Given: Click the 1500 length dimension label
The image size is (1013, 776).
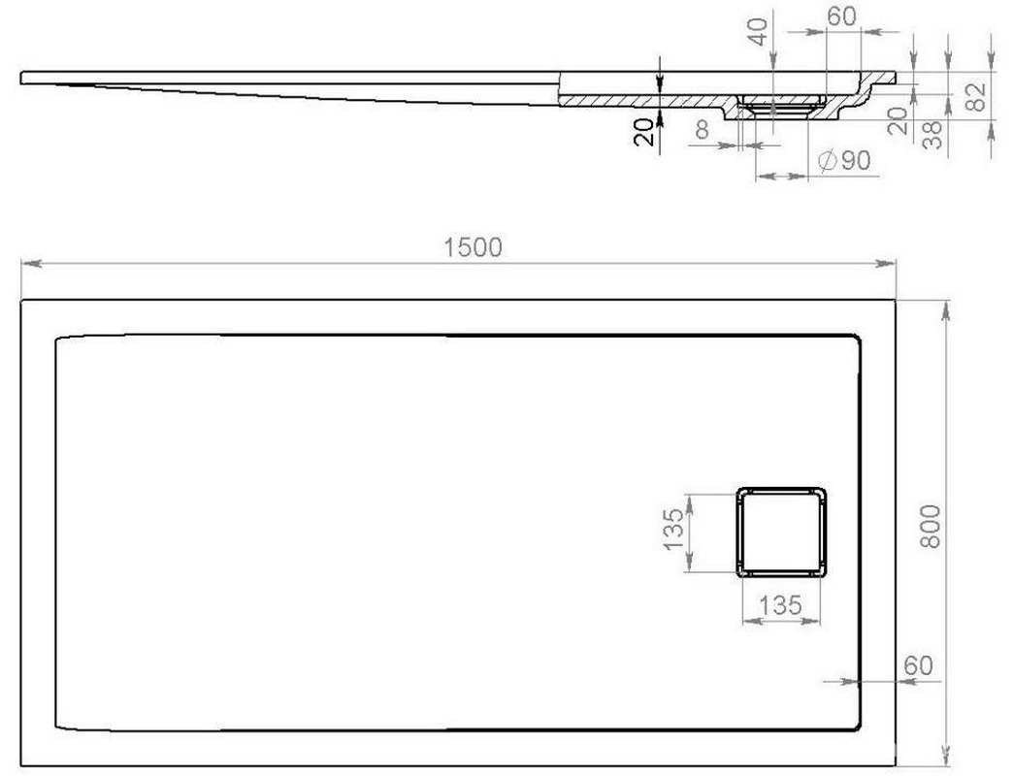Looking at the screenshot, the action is click(x=473, y=247).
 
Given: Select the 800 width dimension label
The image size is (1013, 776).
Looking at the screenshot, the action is click(x=931, y=527).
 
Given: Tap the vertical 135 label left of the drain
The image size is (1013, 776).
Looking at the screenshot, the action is click(x=673, y=530).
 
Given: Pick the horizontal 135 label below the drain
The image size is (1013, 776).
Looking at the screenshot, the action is click(x=780, y=605).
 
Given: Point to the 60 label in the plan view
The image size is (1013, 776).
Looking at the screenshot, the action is click(x=918, y=665).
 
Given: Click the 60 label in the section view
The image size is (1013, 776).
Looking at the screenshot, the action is click(x=842, y=16).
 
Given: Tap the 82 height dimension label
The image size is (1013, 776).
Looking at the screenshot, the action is click(x=976, y=97).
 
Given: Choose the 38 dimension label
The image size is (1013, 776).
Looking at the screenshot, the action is click(x=932, y=135).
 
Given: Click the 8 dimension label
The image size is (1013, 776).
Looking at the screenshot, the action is click(x=703, y=130).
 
